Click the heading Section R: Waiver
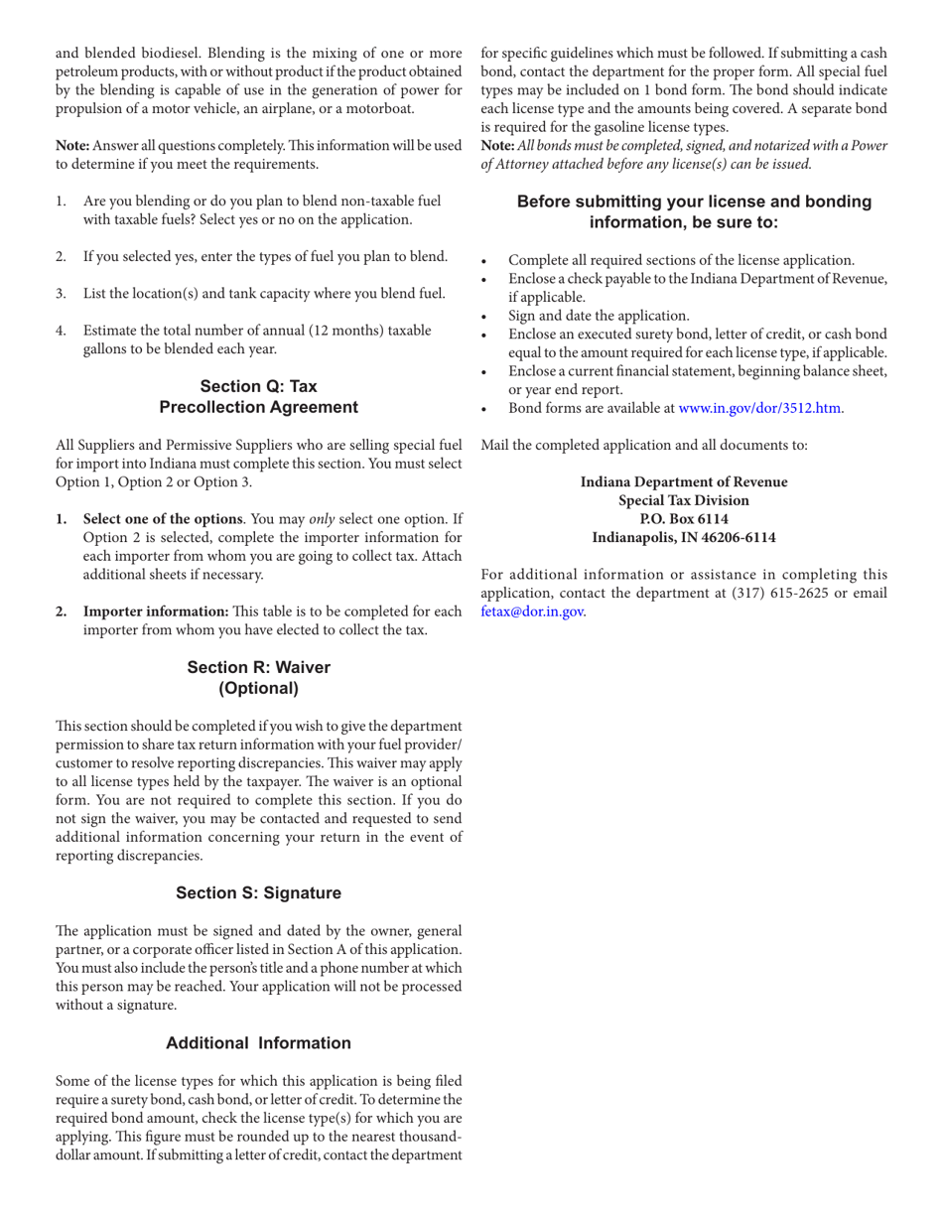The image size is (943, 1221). tap(258, 667)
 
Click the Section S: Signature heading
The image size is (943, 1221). tap(258, 892)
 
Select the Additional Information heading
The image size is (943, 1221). tap(258, 1042)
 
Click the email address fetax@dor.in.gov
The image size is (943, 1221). tap(532, 611)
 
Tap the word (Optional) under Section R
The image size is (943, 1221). tap(258, 687)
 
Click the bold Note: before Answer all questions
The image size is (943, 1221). tap(74, 146)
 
